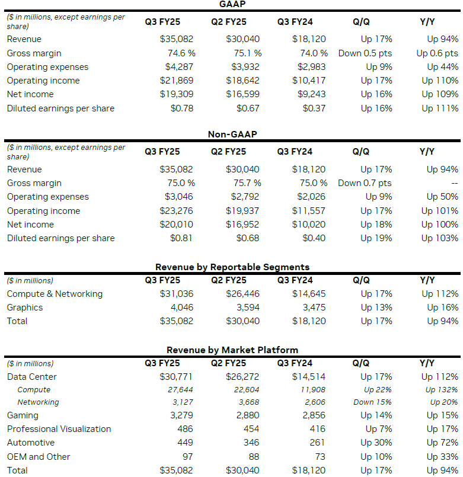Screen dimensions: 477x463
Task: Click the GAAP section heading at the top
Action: (x=232, y=5)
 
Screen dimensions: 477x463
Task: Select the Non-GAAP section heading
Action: (x=232, y=135)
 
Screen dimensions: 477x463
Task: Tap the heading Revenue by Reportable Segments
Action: (x=232, y=267)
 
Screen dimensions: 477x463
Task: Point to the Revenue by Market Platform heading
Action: (x=232, y=350)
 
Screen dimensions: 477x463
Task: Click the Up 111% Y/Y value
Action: (x=440, y=108)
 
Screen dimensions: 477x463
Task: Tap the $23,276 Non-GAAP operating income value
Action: (x=177, y=211)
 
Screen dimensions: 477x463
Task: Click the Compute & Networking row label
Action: (x=55, y=294)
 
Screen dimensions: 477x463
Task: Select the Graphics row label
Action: (x=25, y=308)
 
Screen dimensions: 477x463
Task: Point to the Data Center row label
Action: (x=32, y=377)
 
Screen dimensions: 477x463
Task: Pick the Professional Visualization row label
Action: (x=59, y=429)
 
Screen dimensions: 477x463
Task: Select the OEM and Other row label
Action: (x=39, y=457)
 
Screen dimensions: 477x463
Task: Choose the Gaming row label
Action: (x=23, y=415)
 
